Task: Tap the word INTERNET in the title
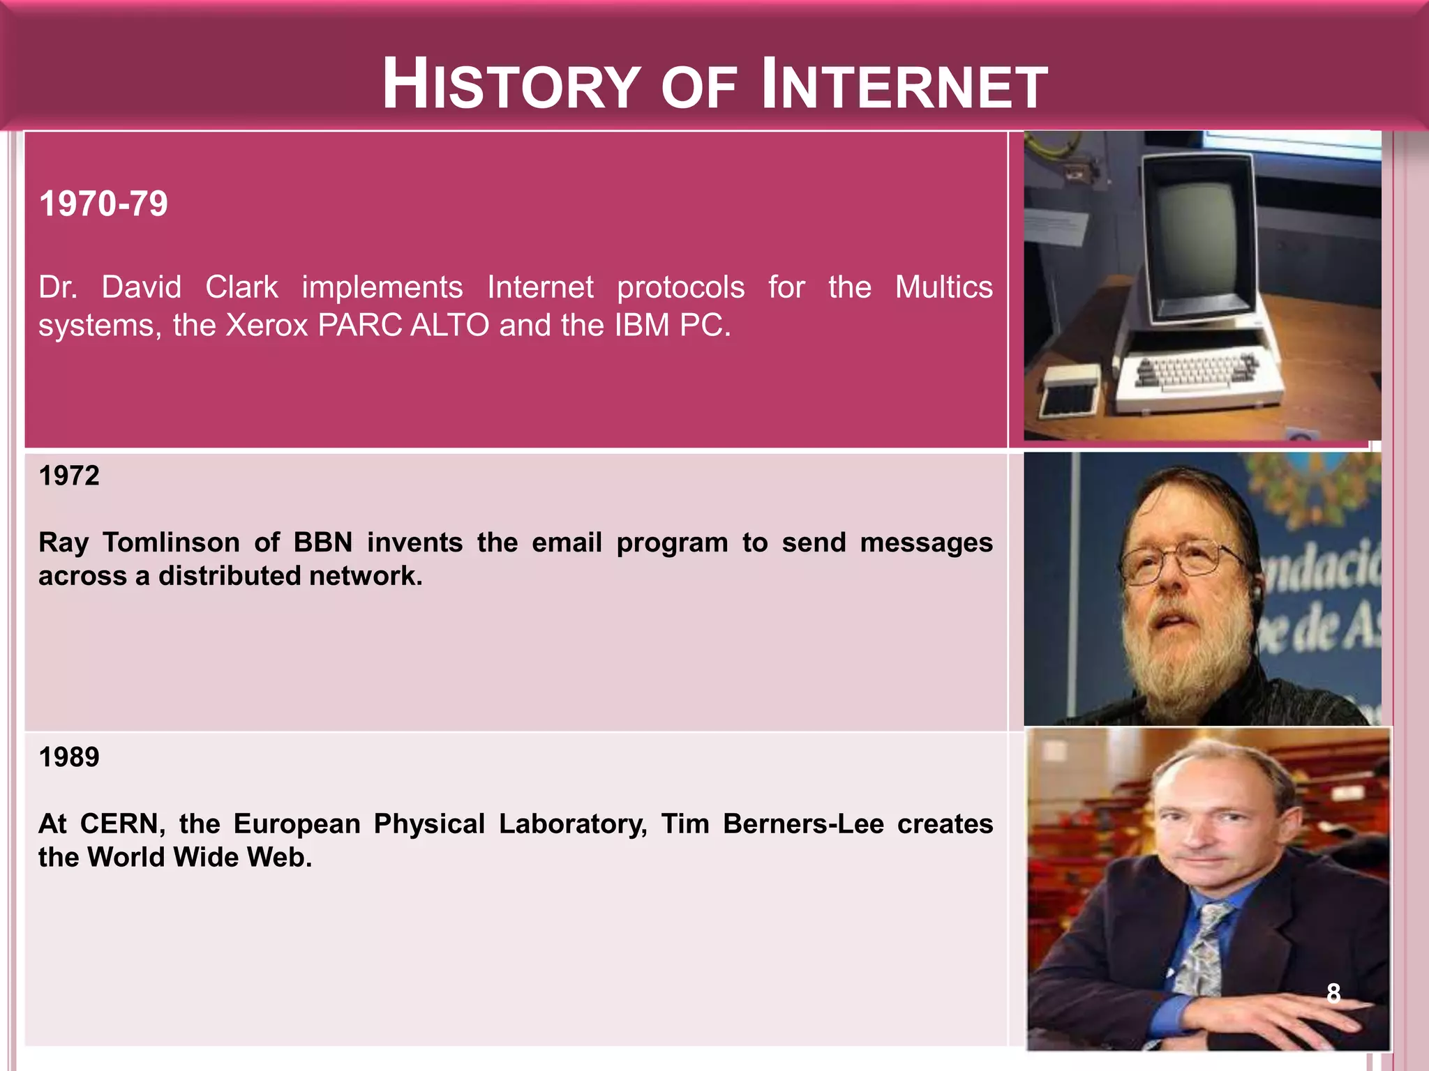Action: [x=904, y=85]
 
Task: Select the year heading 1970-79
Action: [x=103, y=204]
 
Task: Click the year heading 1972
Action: [x=69, y=476]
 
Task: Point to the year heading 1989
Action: [x=69, y=757]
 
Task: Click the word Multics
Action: [x=943, y=287]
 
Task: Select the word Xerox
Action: [x=267, y=326]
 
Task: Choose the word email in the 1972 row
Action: [x=567, y=542]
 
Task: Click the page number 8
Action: [x=1333, y=993]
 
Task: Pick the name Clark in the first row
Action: [x=241, y=287]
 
